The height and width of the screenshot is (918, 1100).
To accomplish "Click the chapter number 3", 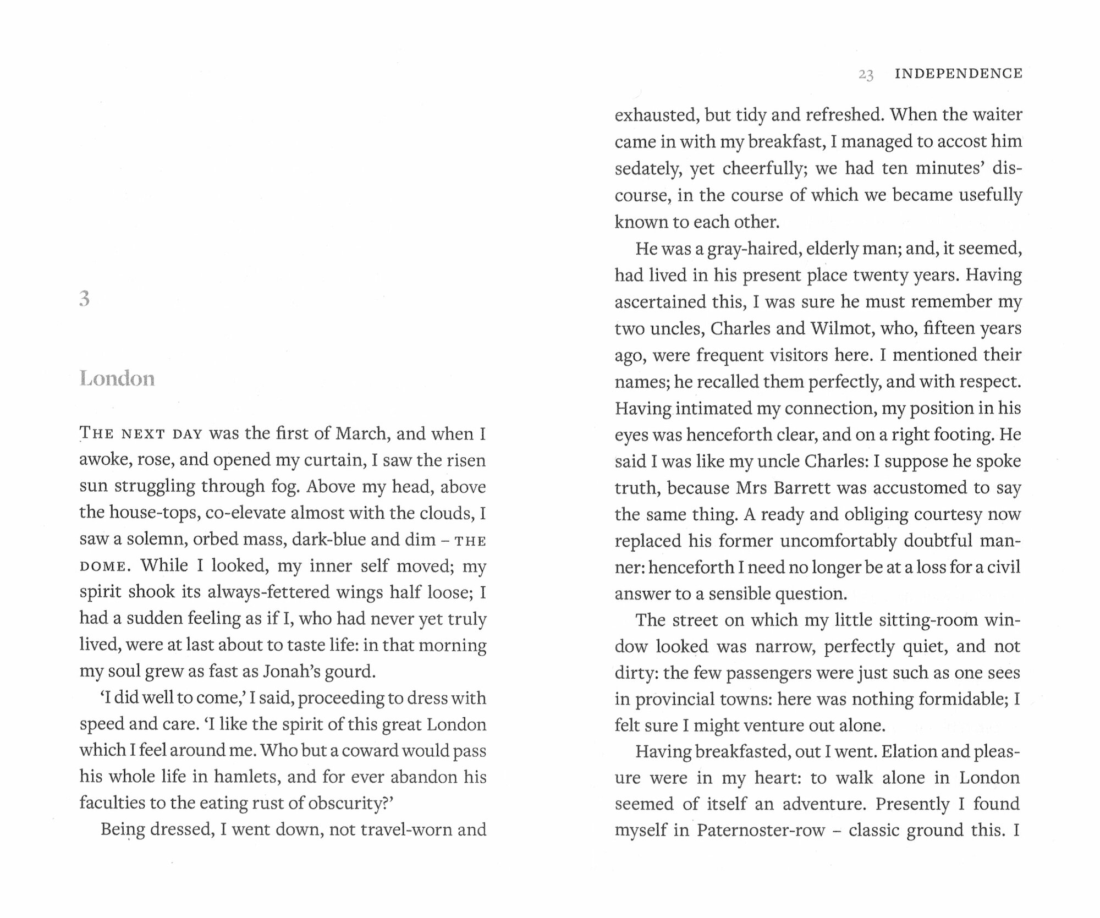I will click(x=84, y=299).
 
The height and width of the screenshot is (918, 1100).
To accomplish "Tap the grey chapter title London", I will click(x=117, y=378).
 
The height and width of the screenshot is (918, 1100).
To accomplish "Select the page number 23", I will click(x=866, y=74).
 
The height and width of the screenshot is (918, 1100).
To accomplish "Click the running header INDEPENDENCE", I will click(x=959, y=74).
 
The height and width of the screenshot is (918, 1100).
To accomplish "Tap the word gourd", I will click(x=352, y=672).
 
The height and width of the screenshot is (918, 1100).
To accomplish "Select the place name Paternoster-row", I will click(x=761, y=830).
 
